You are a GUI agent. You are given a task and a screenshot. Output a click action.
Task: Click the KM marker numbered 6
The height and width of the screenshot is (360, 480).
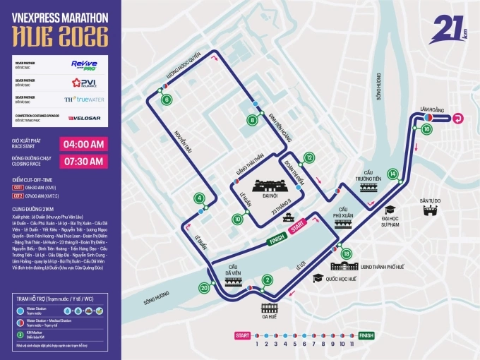coord(167,100)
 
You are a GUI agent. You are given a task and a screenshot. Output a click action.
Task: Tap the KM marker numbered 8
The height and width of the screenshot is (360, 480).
coord(253,120)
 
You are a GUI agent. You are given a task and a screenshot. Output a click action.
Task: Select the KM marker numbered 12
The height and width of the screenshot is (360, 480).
coord(308,157)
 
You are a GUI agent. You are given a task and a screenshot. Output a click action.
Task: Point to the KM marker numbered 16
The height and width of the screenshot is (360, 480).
coord(426,130)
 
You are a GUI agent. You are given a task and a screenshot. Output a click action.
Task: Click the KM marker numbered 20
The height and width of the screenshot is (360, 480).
coord(204,287)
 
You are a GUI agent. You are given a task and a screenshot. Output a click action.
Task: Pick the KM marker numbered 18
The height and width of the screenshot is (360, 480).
coord(346,253)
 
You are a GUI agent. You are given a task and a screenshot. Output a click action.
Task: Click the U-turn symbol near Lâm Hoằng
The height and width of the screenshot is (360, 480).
coord(457,119)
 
